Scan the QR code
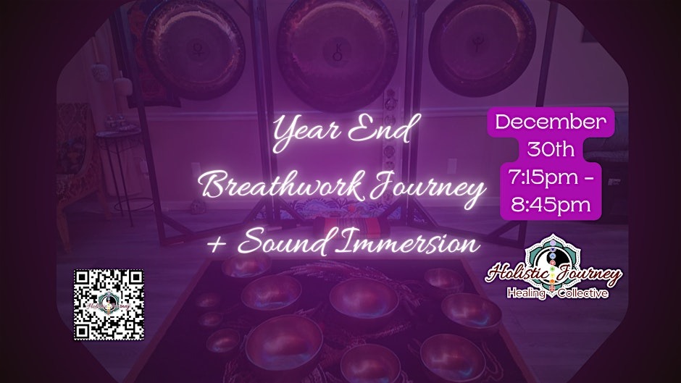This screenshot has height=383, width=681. click(109, 303)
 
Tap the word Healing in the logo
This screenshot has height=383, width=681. click(525, 293)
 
